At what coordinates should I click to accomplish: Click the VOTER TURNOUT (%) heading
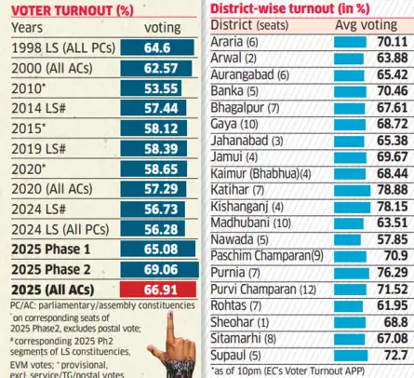(70, 10)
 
